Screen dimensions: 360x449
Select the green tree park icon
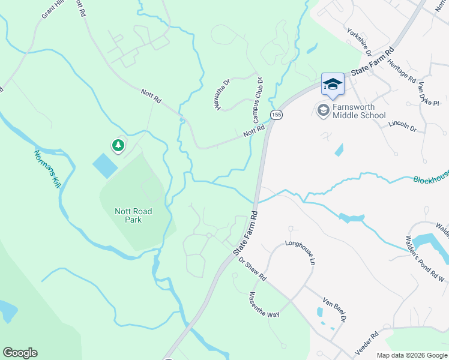point(118,145)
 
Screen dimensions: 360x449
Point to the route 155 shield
point(276,115)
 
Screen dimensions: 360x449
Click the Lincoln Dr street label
point(402,125)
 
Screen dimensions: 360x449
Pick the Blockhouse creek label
point(430,180)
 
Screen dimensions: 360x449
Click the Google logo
point(20,353)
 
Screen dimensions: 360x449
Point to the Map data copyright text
point(411,355)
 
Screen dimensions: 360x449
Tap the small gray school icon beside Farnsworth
point(323,110)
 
